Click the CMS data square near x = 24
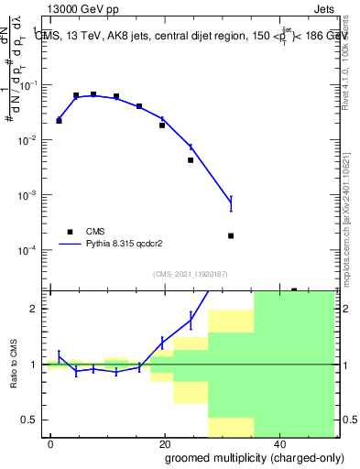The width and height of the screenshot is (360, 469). point(191,160)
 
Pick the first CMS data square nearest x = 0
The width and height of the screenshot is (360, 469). point(59,121)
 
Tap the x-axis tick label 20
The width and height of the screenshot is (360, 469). point(164,443)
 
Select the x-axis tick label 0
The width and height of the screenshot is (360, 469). point(51,443)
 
